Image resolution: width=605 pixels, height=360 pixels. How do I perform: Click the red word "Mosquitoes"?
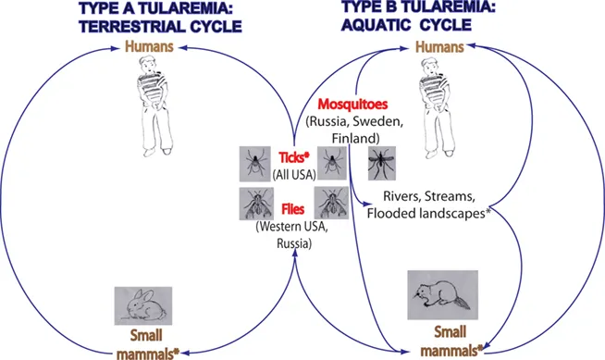pos(352,106)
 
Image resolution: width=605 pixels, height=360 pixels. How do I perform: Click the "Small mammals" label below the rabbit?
pos(149,342)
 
